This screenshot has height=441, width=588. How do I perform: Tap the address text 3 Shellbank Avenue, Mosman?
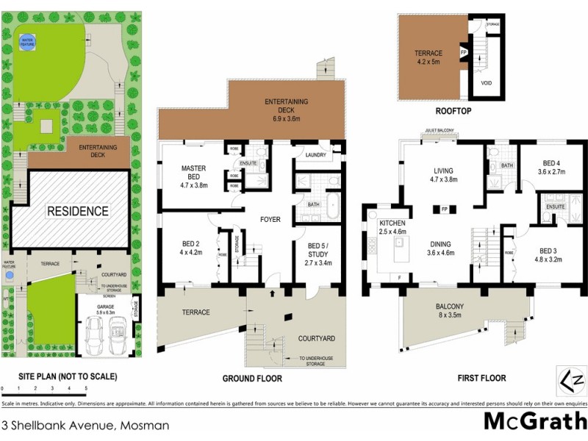[86, 425]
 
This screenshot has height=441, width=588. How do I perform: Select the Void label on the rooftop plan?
[486, 83]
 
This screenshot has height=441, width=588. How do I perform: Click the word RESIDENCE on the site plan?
[78, 212]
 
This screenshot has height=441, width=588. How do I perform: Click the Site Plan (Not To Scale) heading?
[59, 377]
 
